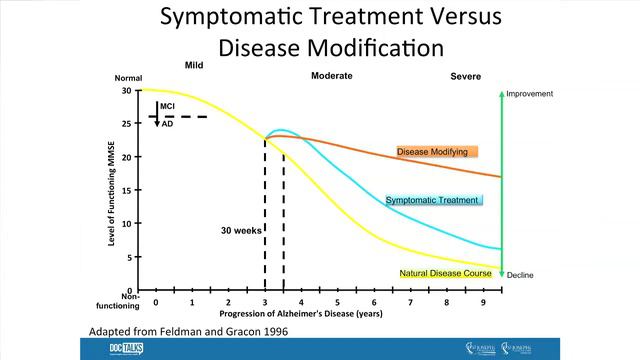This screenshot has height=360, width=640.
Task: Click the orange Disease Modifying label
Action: [x=438, y=152]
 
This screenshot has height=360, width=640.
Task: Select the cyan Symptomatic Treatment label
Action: [x=432, y=200]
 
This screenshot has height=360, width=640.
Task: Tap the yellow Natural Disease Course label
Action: [x=445, y=273]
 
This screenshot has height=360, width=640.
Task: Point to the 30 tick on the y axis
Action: [x=126, y=90]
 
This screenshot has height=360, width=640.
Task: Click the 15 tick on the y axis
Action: [x=126, y=190]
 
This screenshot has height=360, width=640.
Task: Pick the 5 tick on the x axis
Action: [x=338, y=302]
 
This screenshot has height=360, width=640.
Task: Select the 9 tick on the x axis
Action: [x=484, y=302]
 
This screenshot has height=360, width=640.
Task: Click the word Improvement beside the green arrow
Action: [x=530, y=94]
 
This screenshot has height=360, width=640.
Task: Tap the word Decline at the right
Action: [x=522, y=275]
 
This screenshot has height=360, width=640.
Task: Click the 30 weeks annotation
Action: [x=241, y=230]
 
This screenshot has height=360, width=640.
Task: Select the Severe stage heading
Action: [x=466, y=76]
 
